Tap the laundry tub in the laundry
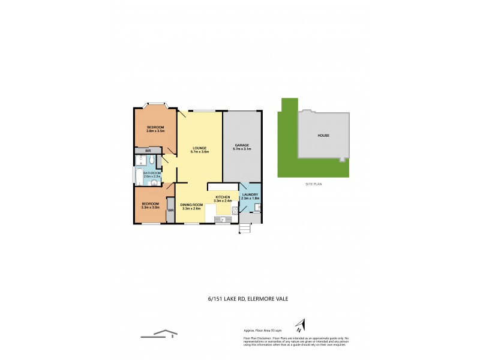(x=257, y=208)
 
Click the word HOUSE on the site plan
(x=323, y=136)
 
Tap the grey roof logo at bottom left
(x=160, y=334)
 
